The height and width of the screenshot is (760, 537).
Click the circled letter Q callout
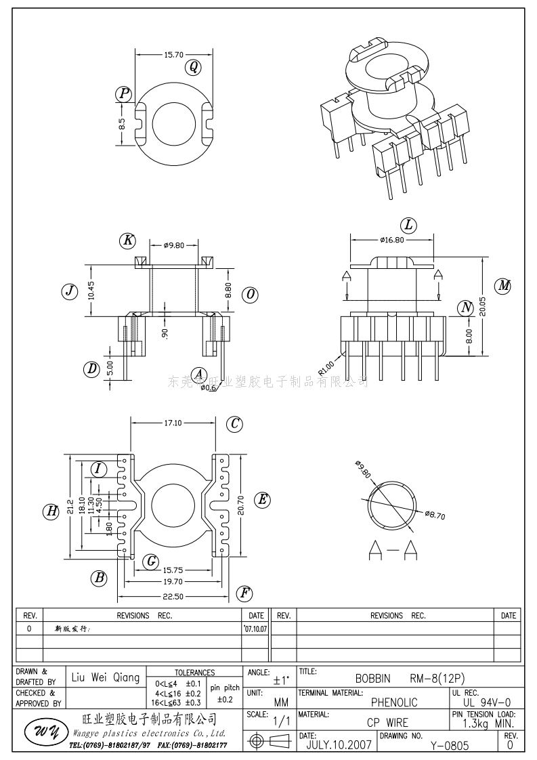click(194, 66)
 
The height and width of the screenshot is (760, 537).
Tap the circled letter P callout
click(123, 94)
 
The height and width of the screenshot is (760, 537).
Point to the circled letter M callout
click(503, 286)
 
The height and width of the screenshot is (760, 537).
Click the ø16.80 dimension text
click(392, 240)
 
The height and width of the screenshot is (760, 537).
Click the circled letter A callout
click(198, 374)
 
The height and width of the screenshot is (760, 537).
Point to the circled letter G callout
click(152, 561)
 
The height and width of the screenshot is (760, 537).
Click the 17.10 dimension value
click(173, 423)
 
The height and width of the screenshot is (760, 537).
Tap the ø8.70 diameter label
click(435, 515)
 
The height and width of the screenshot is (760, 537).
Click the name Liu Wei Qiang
click(105, 677)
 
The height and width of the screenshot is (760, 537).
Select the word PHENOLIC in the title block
click(393, 702)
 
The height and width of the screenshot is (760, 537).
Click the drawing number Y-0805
click(449, 746)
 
